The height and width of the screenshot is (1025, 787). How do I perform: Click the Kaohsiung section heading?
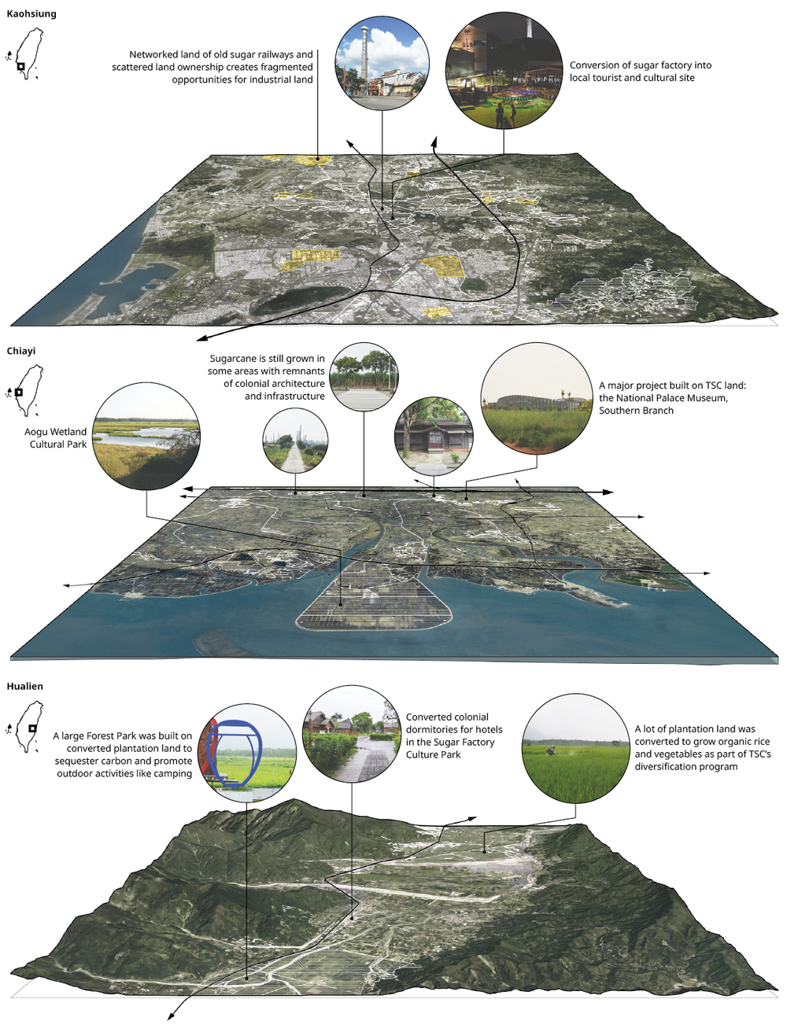(x=31, y=14)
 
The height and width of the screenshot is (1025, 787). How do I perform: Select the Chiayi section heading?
(x=21, y=351)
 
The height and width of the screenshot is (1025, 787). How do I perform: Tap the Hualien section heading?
(x=25, y=686)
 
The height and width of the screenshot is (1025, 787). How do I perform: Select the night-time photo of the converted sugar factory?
(x=504, y=71)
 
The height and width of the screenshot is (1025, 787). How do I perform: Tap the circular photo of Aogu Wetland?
(x=146, y=437)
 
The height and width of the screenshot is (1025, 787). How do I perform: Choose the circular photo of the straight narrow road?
(x=295, y=441)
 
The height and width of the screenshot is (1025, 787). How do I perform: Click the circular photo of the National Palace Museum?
(x=536, y=399)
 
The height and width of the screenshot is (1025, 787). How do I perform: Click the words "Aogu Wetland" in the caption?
(x=56, y=432)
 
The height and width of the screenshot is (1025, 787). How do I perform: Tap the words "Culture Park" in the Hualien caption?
(x=434, y=754)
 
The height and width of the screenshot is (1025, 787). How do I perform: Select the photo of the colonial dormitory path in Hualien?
(x=352, y=735)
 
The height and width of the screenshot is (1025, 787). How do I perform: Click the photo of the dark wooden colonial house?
(x=434, y=437)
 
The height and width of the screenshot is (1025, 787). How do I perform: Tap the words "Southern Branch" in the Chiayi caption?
(x=636, y=411)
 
